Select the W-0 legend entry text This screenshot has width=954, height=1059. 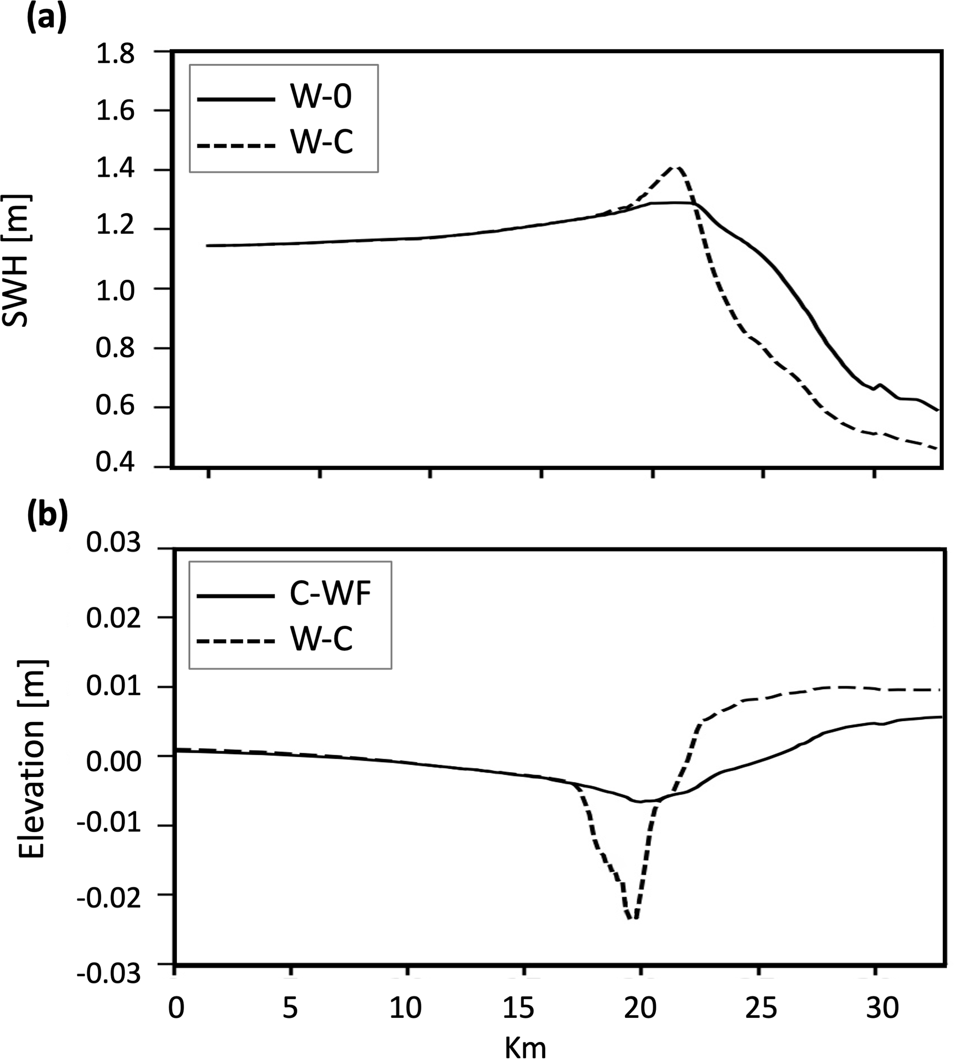point(321,97)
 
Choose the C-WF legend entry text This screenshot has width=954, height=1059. point(330,595)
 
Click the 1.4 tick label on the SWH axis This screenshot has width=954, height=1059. point(115,170)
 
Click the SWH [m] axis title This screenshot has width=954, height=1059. point(17,260)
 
